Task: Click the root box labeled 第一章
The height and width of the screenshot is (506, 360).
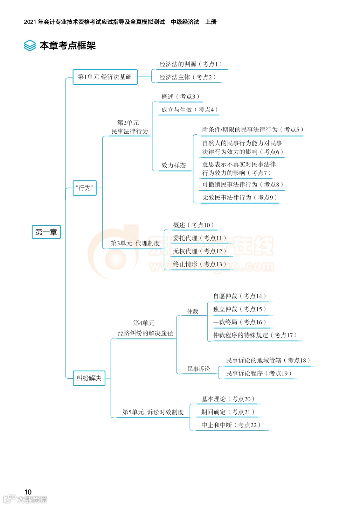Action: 46,232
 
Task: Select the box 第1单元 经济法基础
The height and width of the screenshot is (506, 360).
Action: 105,77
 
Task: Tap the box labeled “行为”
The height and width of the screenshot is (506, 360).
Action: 84,188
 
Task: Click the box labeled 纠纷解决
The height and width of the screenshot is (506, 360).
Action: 89,378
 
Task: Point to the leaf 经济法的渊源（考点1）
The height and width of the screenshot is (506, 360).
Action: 191,64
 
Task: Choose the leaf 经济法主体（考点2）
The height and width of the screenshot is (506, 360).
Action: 187,77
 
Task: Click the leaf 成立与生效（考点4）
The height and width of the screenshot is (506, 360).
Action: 189,110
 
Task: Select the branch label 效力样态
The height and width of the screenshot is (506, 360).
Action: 174,166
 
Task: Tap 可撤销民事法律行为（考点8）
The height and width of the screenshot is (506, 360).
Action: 242,185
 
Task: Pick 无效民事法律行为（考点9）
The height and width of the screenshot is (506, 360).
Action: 240,198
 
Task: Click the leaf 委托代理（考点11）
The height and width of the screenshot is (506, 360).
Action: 199,238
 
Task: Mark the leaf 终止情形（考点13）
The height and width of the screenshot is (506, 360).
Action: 199,264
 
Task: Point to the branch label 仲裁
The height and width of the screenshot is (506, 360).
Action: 193,311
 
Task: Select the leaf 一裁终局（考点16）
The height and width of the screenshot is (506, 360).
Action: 240,322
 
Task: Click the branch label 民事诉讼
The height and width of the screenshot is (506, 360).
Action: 199,369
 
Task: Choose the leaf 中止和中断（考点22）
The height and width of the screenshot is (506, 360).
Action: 231,425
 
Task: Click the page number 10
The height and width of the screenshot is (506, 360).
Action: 28,492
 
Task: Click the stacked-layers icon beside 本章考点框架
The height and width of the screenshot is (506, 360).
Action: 30,45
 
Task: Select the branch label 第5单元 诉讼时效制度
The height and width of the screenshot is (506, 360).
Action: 153,412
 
